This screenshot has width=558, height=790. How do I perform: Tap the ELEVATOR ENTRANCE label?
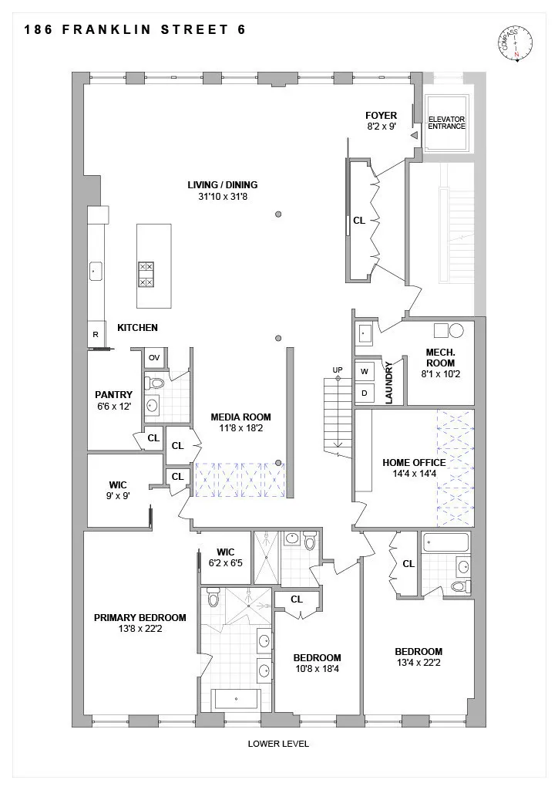coord(447,123)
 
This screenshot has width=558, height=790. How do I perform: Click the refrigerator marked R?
coord(95,335)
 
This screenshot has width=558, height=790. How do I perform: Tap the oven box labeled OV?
coord(153,357)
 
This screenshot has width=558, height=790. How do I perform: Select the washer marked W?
coord(364,371)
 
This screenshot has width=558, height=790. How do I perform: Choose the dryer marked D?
coord(364,393)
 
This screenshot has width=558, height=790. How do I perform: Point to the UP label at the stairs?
coord(338,370)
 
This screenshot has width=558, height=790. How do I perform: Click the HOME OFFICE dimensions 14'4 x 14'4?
coord(414,474)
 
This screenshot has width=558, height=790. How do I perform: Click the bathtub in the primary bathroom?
coord(237,700)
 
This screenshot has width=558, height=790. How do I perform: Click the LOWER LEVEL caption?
coord(278,744)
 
